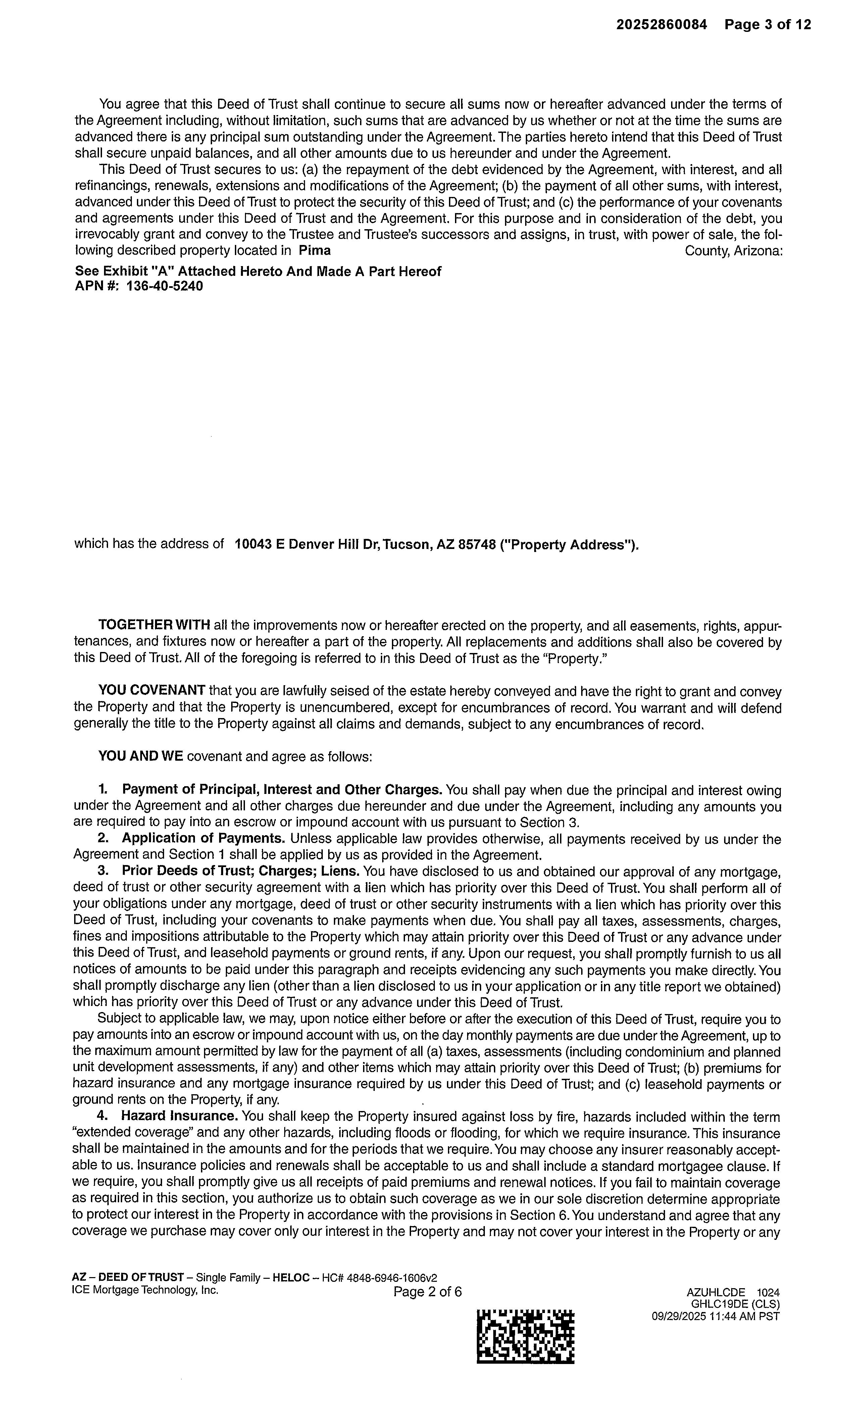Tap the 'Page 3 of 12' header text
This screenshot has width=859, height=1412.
(x=767, y=24)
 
